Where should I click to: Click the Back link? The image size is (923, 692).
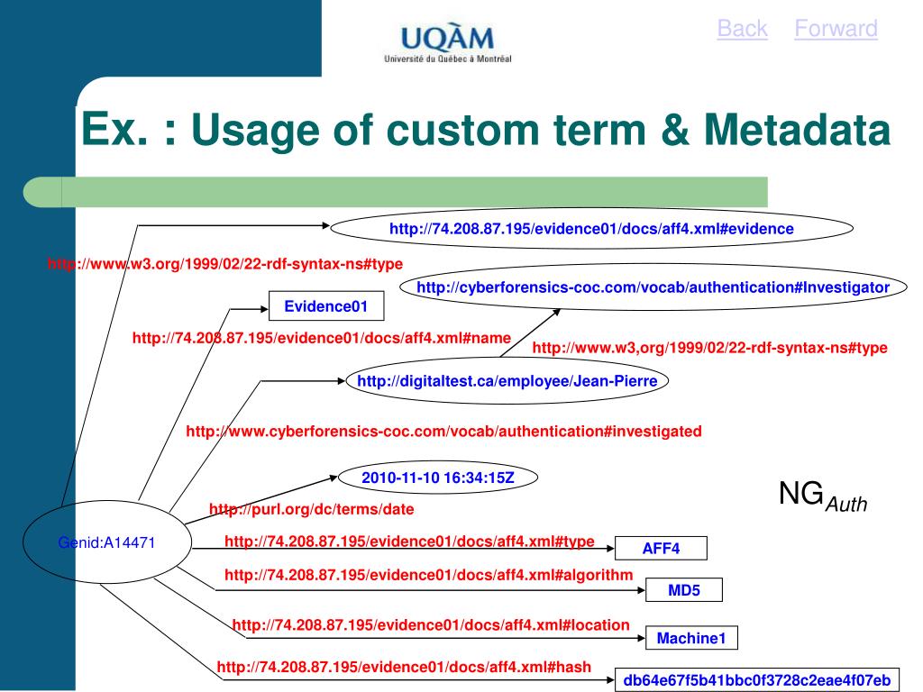coord(742,30)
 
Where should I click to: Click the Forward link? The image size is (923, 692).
coord(836,30)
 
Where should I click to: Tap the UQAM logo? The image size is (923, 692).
coord(447,44)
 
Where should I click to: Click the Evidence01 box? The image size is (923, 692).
coord(326,306)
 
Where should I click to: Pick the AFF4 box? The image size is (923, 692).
coord(661,549)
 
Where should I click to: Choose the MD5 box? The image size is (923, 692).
coord(684,591)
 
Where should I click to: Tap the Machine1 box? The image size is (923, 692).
coord(691,639)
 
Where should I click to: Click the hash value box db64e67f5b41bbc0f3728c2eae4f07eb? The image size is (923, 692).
coord(756,680)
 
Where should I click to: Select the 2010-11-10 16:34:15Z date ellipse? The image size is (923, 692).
coord(438,478)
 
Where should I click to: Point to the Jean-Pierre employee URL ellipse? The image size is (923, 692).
coord(507,381)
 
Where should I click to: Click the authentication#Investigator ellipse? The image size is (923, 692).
coord(653,287)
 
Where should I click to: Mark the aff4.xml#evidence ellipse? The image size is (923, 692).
coord(591,229)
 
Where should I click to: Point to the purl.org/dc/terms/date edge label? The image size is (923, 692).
coord(312,510)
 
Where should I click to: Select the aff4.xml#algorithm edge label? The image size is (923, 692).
coord(429,575)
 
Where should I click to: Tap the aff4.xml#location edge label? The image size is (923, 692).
coord(431,624)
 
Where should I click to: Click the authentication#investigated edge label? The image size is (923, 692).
coord(443,432)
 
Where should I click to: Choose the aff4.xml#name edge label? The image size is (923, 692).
coord(322,338)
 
